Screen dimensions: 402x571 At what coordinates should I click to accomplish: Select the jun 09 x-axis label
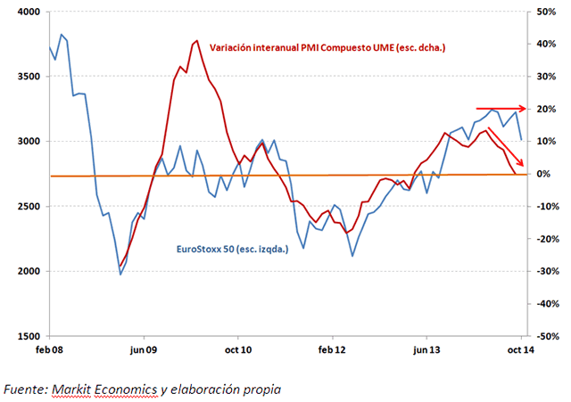(143, 351)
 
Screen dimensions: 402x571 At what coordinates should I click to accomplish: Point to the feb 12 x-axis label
(332, 351)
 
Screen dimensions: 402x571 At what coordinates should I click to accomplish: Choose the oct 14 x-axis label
(521, 351)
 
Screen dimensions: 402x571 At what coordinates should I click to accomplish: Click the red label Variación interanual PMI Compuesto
(327, 47)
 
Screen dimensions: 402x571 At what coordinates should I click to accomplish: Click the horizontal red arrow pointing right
(504, 109)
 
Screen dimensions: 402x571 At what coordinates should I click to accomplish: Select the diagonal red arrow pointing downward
(507, 147)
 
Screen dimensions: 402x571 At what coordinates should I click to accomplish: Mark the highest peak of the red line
(195, 41)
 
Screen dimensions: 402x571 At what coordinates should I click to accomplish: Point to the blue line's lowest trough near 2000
(120, 274)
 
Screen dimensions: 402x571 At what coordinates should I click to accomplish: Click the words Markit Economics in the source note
(98, 390)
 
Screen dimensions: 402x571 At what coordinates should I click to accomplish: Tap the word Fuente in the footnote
(24, 390)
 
